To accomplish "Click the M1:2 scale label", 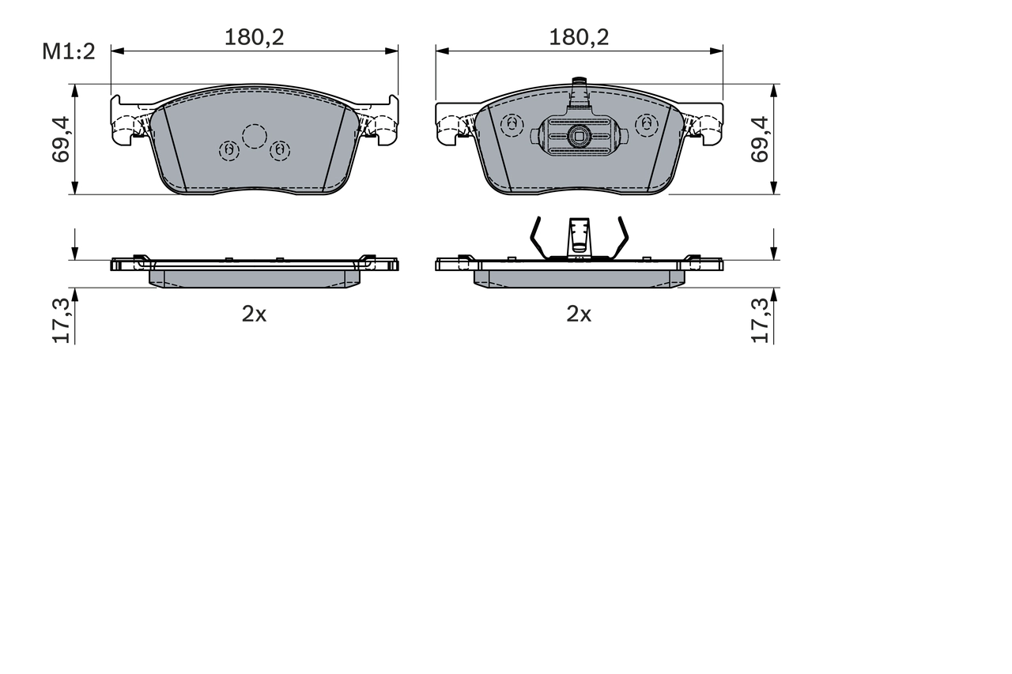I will point(69,52).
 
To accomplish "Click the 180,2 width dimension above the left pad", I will point(254,36).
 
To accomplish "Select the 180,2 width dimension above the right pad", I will point(579,36).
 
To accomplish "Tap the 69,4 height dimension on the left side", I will point(62,139).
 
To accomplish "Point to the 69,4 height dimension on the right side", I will point(760,139).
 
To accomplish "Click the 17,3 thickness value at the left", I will point(62,321).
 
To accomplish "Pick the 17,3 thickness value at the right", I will point(760,321).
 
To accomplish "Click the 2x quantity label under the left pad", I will point(254,314).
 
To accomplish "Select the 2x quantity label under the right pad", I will point(579,314).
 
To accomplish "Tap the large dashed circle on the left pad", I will point(255,136).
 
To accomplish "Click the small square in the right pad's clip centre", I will point(579,136).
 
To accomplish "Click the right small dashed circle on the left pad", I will point(280,149).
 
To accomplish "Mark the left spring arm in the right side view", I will point(536,238).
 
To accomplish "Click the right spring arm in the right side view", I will point(621,238).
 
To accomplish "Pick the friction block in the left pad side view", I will point(254,278).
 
